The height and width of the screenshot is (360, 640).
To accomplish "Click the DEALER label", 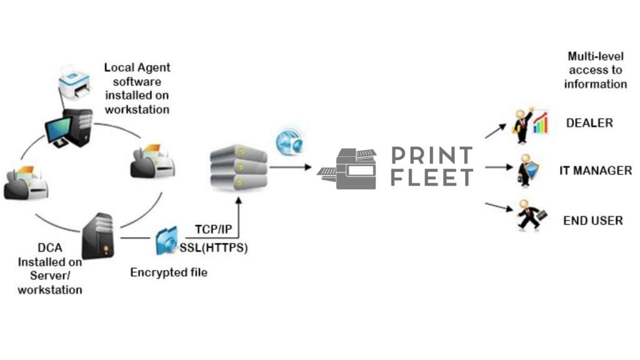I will (589, 123).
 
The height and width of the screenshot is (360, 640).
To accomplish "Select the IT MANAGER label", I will (595, 170).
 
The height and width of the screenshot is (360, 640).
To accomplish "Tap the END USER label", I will (592, 221).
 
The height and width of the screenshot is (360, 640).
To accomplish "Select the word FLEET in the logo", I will (431, 177).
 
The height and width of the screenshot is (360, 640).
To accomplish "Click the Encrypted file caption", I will (169, 272).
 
